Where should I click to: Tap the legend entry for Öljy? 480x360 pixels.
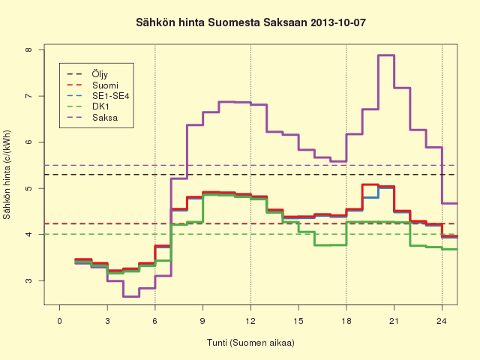(88, 74)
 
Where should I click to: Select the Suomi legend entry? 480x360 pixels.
(92, 85)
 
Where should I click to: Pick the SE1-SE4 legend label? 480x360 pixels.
(98, 96)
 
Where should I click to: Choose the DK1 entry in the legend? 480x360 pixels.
(88, 106)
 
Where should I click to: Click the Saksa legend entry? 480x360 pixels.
(92, 118)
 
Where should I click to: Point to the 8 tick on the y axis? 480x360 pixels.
(28, 49)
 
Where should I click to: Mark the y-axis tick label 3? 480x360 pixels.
(28, 280)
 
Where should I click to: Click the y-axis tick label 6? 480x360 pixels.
(28, 142)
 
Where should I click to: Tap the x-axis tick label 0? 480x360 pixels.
(60, 321)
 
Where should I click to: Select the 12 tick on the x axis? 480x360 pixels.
(250, 321)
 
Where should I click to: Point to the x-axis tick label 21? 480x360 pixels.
(394, 321)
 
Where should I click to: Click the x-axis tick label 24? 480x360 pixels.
(442, 321)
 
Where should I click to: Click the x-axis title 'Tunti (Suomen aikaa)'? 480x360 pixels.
(250, 343)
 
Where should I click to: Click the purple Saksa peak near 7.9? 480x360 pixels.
(386, 55)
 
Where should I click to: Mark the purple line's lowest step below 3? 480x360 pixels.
(131, 297)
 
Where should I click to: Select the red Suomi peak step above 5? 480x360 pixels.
(370, 184)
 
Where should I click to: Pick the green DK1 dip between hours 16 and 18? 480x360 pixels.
(331, 245)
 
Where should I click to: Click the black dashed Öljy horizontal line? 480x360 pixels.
(250, 175)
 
